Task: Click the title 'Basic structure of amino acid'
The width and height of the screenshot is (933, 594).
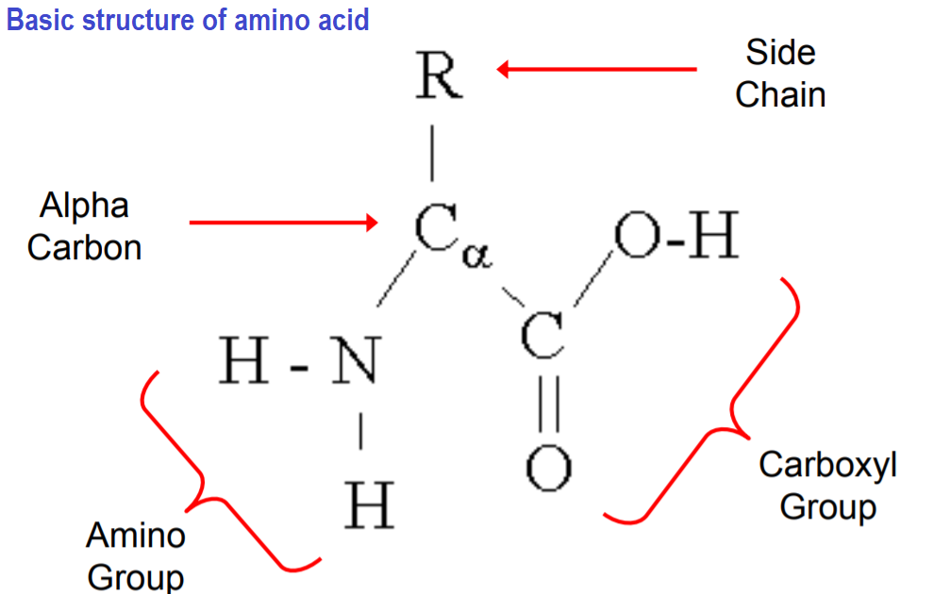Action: (188, 20)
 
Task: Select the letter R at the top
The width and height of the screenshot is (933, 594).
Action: (439, 76)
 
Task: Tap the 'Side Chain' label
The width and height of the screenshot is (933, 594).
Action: (780, 74)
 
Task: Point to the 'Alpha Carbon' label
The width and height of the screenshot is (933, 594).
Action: (85, 226)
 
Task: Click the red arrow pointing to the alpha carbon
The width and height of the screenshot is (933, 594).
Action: (283, 223)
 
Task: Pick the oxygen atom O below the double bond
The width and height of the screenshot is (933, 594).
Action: (548, 469)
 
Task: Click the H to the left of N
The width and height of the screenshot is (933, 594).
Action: (244, 362)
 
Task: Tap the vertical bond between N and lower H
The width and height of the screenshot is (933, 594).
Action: (361, 433)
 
